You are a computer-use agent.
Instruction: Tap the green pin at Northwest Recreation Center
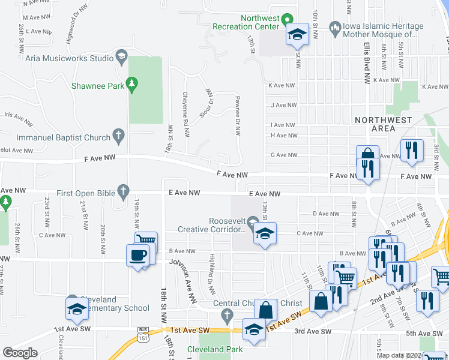click(287, 19)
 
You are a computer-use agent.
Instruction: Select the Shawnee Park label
click(97, 86)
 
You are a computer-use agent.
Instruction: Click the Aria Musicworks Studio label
click(70, 58)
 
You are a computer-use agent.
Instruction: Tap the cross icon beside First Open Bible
click(123, 192)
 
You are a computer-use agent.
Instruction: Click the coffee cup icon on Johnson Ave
click(138, 254)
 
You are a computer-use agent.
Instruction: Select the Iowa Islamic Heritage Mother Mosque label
click(383, 31)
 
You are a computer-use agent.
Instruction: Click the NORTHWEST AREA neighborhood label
click(383, 124)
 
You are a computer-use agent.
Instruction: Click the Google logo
click(19, 353)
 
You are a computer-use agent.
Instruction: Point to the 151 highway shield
click(142, 338)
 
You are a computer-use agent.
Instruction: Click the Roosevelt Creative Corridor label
click(212, 225)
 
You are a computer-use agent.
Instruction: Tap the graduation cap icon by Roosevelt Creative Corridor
click(263, 235)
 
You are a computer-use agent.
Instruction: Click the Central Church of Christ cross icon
click(226, 314)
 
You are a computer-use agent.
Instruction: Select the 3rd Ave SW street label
click(313, 331)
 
